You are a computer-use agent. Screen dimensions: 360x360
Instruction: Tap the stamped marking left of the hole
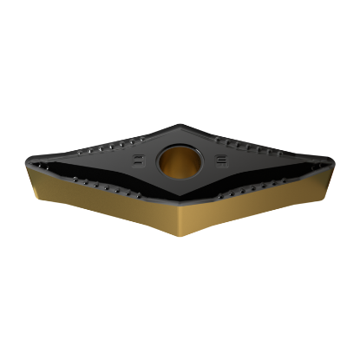[x=137, y=160]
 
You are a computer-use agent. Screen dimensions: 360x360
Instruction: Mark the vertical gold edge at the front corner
[x=182, y=222]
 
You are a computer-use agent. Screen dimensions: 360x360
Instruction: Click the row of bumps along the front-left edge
[x=104, y=185]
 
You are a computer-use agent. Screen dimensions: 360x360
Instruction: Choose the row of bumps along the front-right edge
[x=260, y=184]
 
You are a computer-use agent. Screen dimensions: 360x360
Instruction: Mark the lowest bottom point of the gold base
[x=182, y=239]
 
